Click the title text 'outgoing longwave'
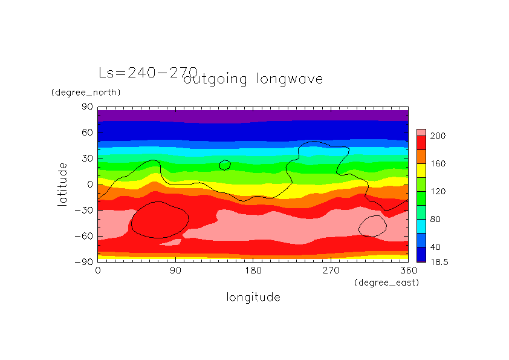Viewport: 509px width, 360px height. [254, 79]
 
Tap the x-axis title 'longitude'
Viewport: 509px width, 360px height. [253, 297]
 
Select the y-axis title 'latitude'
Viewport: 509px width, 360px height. [62, 184]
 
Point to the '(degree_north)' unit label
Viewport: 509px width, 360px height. [86, 93]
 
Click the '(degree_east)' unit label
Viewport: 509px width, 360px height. [386, 283]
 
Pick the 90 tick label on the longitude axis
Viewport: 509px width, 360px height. [175, 270]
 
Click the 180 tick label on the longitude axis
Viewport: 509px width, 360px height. [253, 270]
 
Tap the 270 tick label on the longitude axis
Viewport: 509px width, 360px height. [331, 270]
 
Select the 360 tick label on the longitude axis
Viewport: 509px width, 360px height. [409, 270]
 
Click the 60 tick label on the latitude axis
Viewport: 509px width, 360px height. [86, 133]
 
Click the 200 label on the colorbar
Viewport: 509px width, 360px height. [438, 136]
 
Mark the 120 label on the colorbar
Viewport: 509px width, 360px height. [438, 192]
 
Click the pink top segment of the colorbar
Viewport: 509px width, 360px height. [421, 132]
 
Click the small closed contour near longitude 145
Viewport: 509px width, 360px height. [225, 165]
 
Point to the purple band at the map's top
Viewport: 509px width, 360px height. [253, 115]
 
